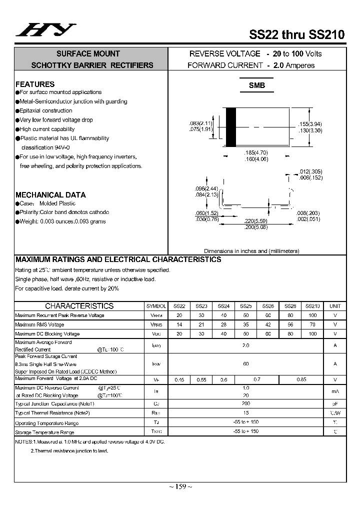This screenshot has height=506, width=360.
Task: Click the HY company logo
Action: [45, 31]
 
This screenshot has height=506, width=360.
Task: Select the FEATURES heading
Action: [35, 84]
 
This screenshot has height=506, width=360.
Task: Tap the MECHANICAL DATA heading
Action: [50, 195]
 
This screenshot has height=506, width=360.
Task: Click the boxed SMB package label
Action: [257, 85]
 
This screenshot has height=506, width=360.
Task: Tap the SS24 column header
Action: [223, 306]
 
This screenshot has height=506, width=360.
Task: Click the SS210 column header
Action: [312, 306]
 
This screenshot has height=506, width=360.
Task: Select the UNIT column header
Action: [334, 306]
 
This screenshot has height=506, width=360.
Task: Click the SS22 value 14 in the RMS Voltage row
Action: [179, 324]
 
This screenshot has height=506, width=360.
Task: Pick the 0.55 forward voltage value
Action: [201, 380]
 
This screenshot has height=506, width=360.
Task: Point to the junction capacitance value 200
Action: [246, 403]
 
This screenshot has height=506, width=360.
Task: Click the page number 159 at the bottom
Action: [180, 487]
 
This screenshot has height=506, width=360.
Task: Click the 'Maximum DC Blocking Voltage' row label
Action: [47, 333]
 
